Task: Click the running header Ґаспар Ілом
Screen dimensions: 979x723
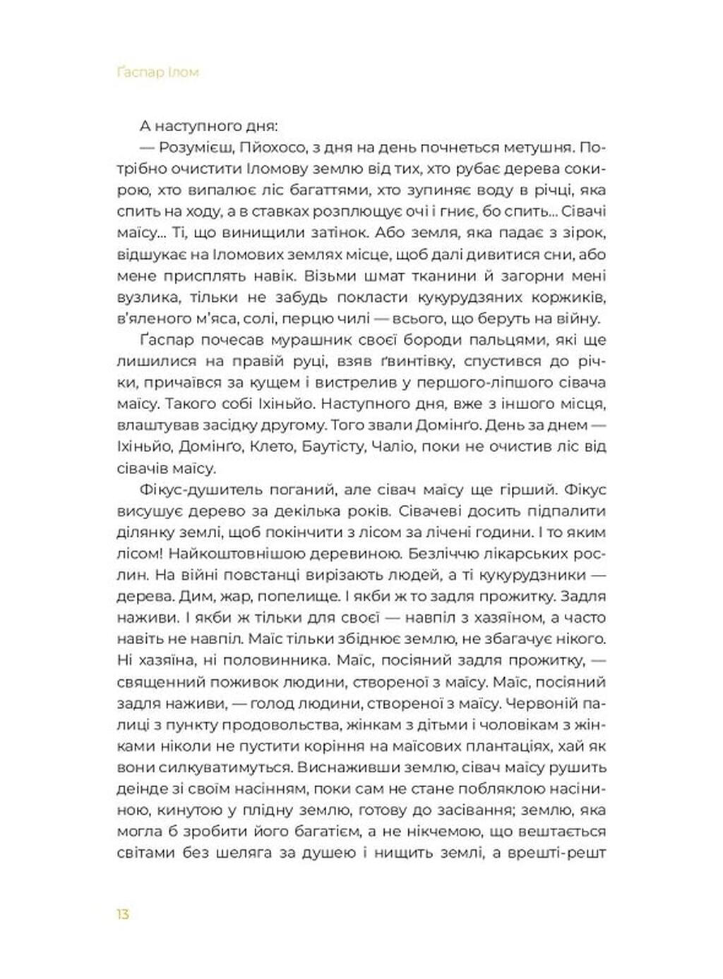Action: (157, 72)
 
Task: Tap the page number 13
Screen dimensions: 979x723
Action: (123, 914)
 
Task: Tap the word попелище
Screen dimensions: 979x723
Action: (307, 596)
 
